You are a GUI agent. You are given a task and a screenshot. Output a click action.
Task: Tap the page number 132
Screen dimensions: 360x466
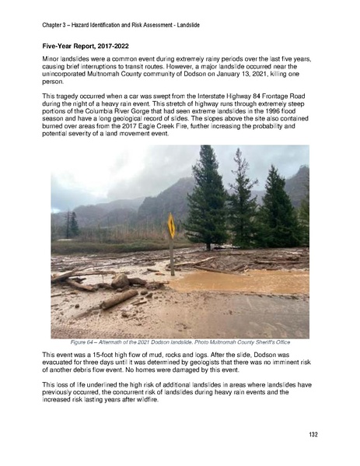[313, 433]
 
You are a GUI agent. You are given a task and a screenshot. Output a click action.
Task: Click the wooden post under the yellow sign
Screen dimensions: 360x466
[171, 253]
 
